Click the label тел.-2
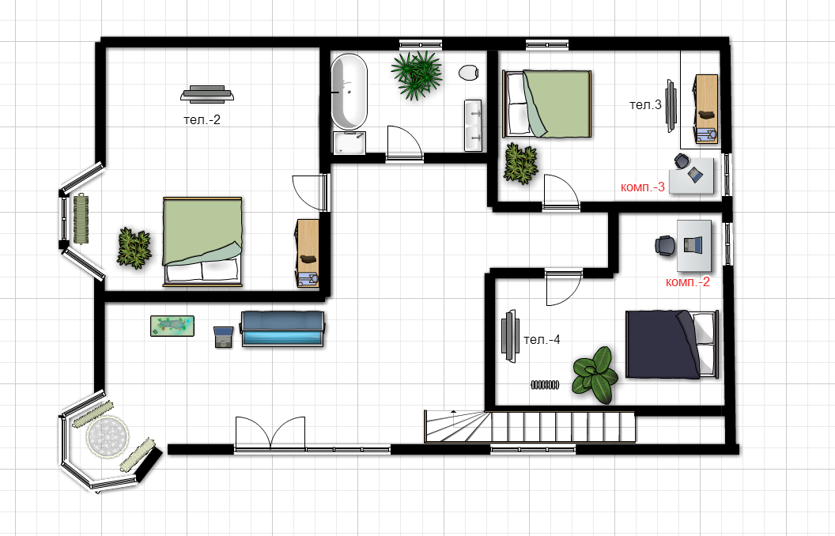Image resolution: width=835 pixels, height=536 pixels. [x=202, y=119]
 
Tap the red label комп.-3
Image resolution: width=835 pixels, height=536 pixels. [x=643, y=187]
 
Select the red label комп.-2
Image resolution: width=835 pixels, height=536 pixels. [x=687, y=281]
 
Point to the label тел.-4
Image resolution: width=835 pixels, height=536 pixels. [x=542, y=340]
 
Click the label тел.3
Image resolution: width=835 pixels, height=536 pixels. [x=645, y=105]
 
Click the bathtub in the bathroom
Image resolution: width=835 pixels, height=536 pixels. [x=349, y=91]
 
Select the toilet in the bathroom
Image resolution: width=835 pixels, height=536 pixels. [x=469, y=73]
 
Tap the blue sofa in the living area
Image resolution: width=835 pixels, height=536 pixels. [x=282, y=329]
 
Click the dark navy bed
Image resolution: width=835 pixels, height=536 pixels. [x=671, y=345]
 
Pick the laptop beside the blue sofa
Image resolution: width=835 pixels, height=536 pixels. [x=224, y=337]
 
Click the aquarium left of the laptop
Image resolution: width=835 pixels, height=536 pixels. [x=172, y=326]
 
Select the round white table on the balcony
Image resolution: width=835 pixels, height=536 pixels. [x=108, y=436]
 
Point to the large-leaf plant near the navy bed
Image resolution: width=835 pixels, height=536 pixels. [x=595, y=375]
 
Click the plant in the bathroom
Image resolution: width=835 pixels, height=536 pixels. [x=417, y=74]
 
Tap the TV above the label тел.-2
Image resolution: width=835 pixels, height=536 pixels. [x=207, y=94]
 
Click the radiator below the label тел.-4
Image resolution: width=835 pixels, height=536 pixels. [x=545, y=384]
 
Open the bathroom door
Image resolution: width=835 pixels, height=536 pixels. [x=405, y=142]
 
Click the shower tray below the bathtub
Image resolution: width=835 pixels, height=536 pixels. [x=349, y=143]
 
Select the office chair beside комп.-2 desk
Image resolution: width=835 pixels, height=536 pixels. [x=665, y=246]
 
